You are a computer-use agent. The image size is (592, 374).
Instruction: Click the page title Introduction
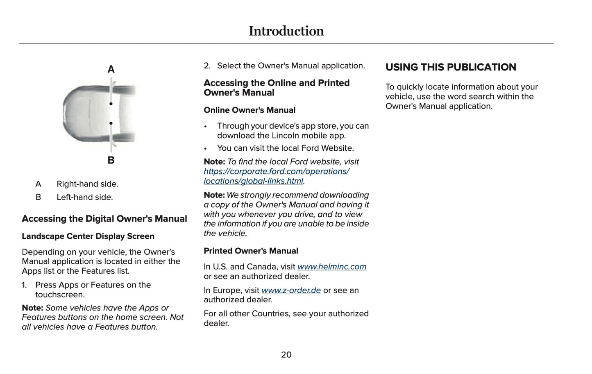[x=286, y=31]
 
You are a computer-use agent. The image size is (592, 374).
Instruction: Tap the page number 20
[x=286, y=355]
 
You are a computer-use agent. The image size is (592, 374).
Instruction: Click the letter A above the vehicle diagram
[x=111, y=70]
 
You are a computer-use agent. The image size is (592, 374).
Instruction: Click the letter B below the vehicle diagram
[x=111, y=160]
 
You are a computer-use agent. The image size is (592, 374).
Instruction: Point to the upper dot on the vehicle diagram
[x=111, y=104]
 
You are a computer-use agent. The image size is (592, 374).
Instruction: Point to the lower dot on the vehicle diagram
[x=111, y=123]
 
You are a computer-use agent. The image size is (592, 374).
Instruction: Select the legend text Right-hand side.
[x=87, y=184]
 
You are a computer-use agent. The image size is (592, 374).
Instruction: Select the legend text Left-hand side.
[x=84, y=197]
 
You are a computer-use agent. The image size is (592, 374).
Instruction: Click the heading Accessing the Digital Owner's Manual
[x=104, y=219]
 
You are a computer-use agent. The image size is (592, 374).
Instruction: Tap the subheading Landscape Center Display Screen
[x=88, y=236]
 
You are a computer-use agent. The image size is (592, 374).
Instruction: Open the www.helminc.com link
[x=332, y=267]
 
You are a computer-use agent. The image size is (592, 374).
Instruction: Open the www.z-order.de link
[x=291, y=290]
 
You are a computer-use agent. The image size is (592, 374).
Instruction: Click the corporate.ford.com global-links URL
[x=276, y=176]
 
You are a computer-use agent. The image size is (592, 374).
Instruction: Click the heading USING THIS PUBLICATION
[x=451, y=67]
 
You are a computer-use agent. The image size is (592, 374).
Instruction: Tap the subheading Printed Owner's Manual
[x=251, y=251]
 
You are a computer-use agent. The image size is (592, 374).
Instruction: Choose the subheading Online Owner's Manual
[x=250, y=110]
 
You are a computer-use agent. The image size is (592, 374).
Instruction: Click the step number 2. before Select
[x=207, y=66]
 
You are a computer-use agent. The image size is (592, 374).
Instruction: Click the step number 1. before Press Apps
[x=24, y=285]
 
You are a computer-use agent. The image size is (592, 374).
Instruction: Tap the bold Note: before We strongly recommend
[x=214, y=195]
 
